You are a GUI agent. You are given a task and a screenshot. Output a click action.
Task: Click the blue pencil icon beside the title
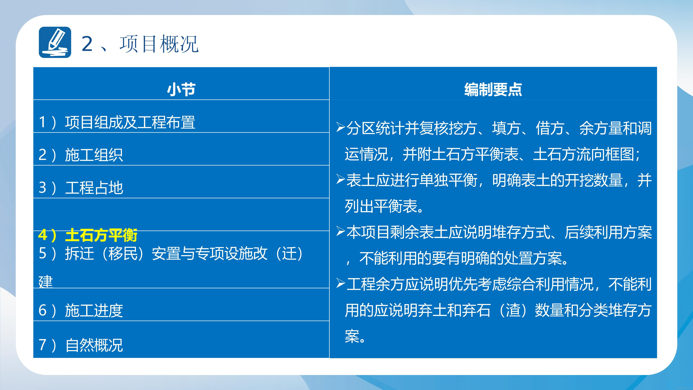[x=55, y=42]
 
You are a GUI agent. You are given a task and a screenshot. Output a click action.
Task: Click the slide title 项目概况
[x=159, y=44]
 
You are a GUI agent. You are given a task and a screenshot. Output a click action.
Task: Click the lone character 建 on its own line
[x=46, y=282]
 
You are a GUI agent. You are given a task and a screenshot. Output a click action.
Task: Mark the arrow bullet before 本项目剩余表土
[x=341, y=231]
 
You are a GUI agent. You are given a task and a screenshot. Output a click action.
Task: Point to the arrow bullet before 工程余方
[x=341, y=283]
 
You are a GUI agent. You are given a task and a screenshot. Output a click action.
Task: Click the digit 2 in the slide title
[x=87, y=44]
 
